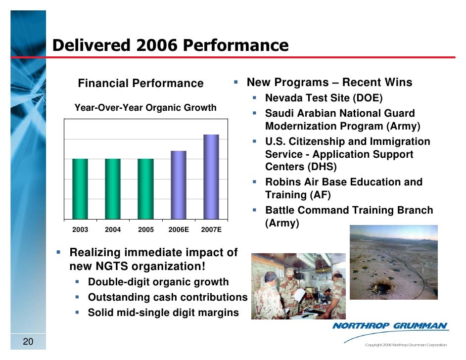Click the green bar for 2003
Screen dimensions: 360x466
(x=80, y=188)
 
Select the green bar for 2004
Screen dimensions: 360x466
(x=113, y=188)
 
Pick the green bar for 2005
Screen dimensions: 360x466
(x=145, y=188)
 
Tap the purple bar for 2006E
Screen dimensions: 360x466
(x=178, y=184)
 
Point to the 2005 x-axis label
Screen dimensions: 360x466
(x=145, y=230)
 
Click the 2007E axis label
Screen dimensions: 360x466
(x=211, y=230)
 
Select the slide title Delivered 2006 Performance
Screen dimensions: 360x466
(x=170, y=45)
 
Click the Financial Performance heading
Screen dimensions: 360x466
(x=140, y=83)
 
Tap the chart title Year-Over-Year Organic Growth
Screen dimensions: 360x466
(x=145, y=107)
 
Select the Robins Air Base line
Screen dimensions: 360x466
(x=343, y=182)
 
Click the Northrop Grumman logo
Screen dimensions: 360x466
(x=390, y=326)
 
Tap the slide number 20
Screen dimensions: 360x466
(x=28, y=342)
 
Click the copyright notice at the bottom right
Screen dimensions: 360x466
(x=405, y=345)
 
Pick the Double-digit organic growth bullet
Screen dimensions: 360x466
(x=158, y=282)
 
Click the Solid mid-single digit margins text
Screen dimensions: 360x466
(x=163, y=313)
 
